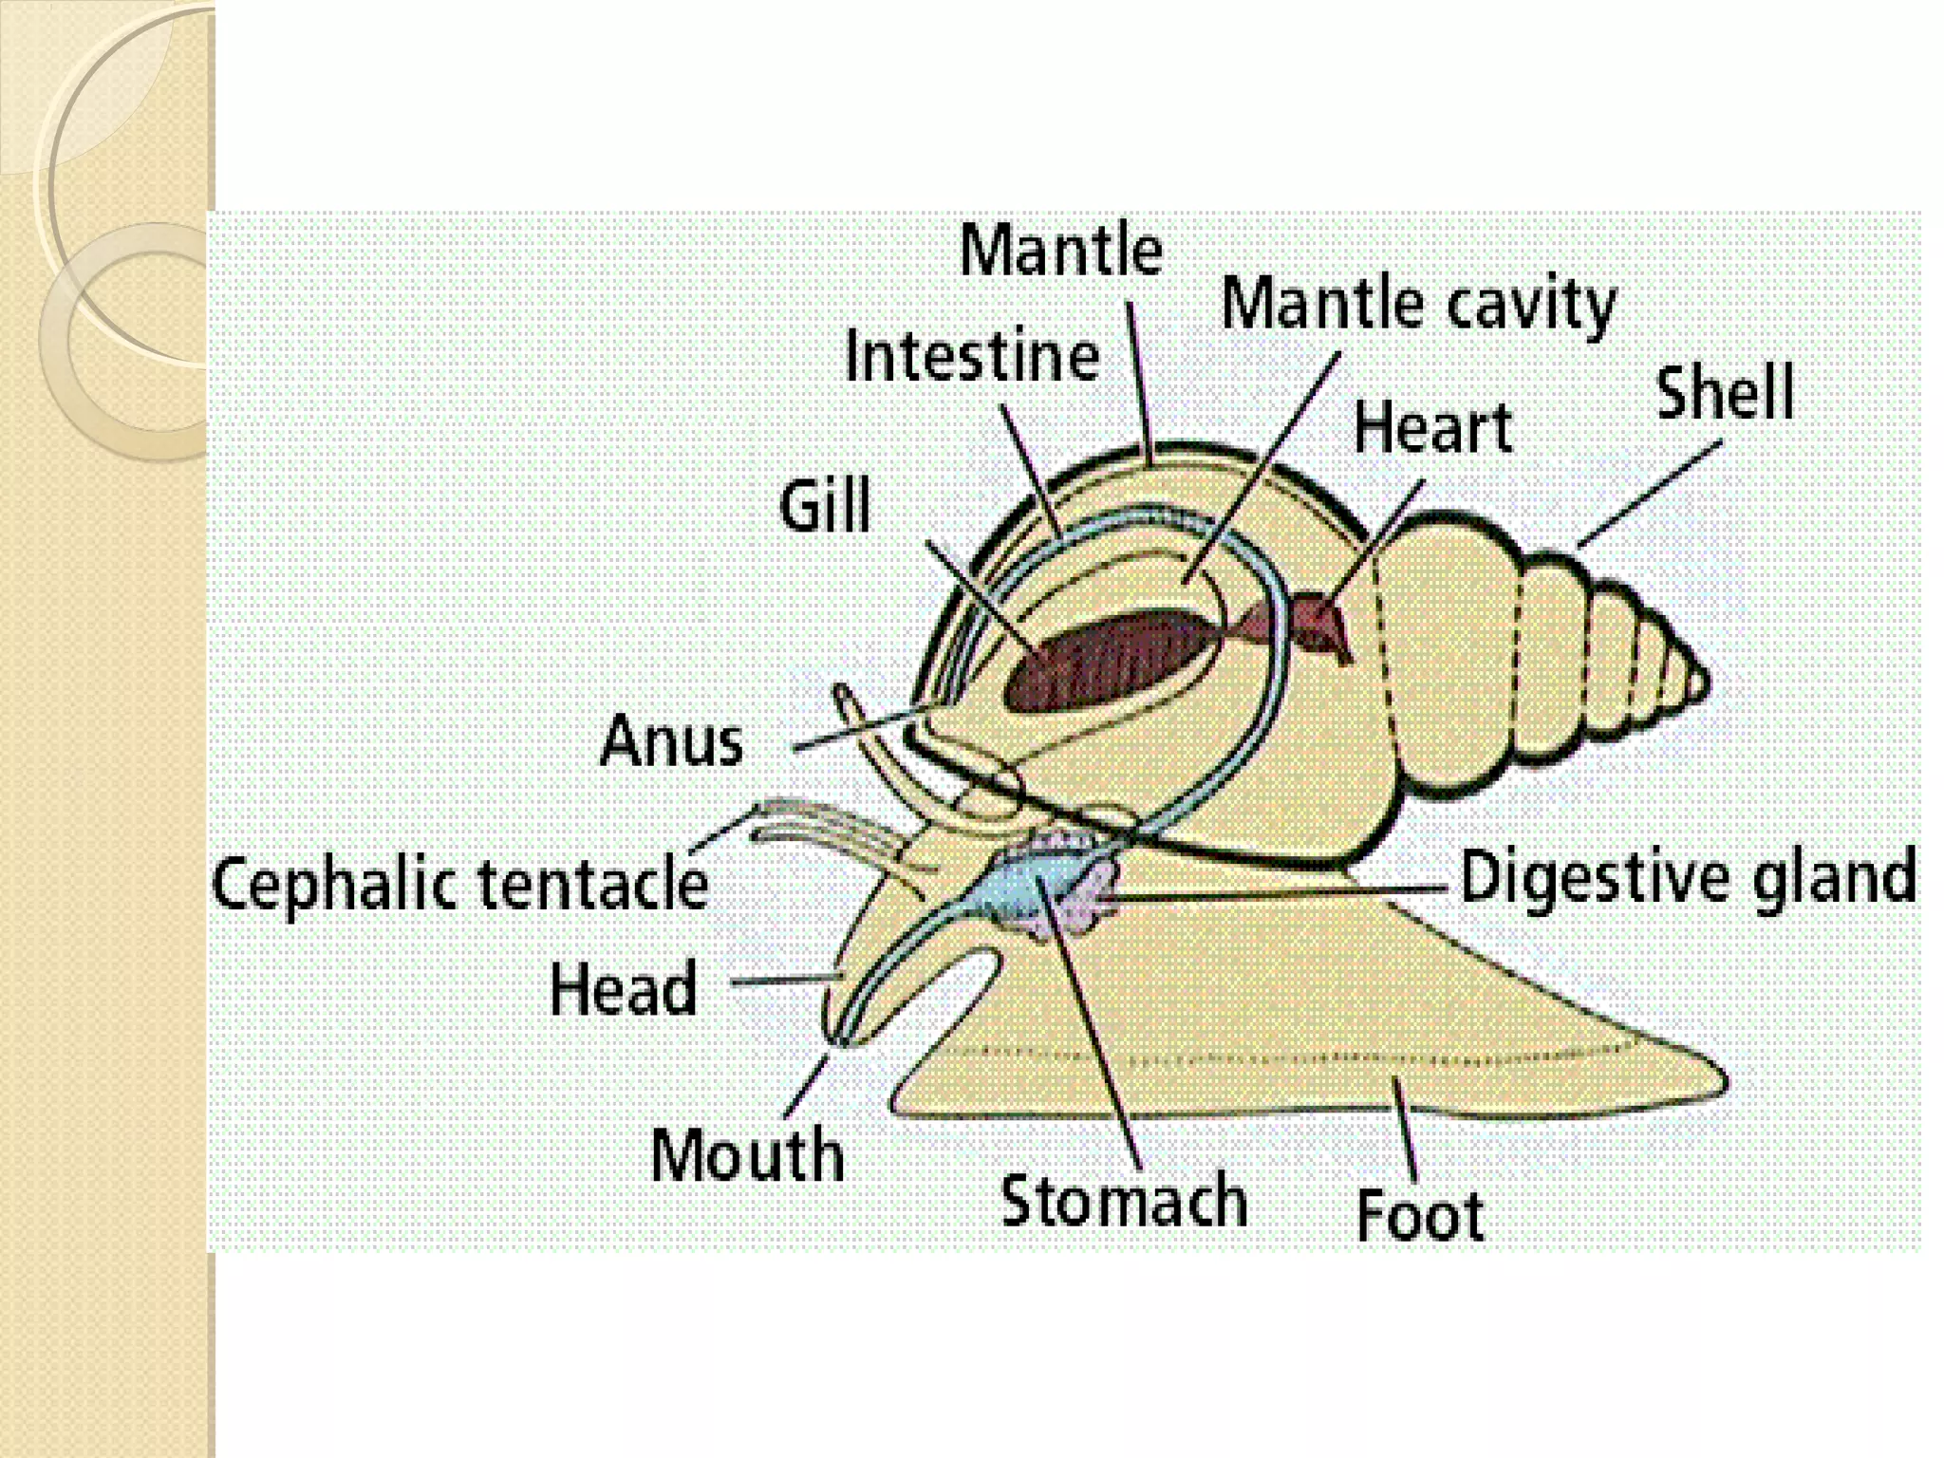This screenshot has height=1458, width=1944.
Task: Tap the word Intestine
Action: [x=972, y=356]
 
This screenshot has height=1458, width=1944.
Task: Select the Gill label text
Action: [x=825, y=505]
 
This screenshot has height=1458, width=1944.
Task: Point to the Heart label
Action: [x=1431, y=427]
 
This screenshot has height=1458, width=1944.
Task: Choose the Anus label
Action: [x=672, y=740]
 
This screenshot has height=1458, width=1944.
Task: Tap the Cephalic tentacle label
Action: [x=460, y=884]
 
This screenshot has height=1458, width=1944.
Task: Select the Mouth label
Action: [x=748, y=1154]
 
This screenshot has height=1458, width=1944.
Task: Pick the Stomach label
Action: [x=1124, y=1200]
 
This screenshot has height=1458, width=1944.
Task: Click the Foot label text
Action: [x=1420, y=1215]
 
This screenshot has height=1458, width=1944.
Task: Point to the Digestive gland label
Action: [x=1689, y=877]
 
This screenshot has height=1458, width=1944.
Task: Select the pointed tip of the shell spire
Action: [x=1709, y=681]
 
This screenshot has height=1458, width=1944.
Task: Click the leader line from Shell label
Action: [x=1650, y=495]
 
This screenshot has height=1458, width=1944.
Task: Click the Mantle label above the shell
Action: [x=1061, y=251]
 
